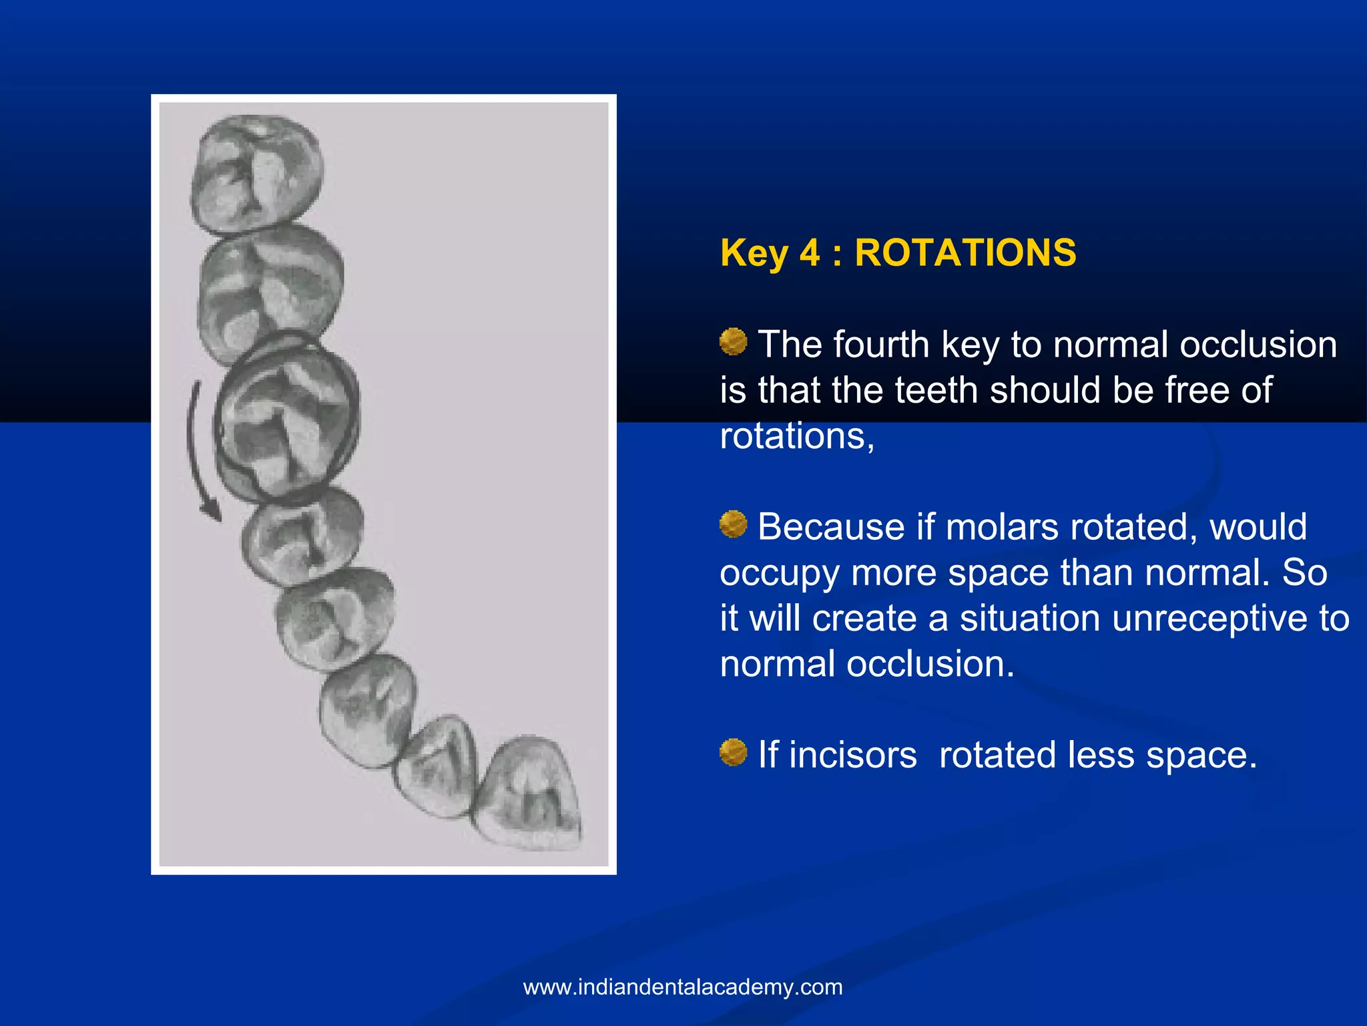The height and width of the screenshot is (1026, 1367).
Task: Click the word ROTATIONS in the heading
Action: [x=965, y=253]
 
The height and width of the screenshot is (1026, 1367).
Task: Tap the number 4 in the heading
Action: [x=809, y=253]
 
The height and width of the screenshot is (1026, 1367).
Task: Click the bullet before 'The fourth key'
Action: [x=733, y=342]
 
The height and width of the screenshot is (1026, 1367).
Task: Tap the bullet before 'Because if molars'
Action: [x=733, y=524]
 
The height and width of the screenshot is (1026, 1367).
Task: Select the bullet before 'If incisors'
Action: [x=733, y=753]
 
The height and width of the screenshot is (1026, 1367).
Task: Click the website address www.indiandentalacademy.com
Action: [x=683, y=987]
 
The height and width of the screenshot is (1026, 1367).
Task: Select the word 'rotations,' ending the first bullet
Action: [x=797, y=436]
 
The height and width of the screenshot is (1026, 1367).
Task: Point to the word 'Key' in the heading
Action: [x=754, y=253]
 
